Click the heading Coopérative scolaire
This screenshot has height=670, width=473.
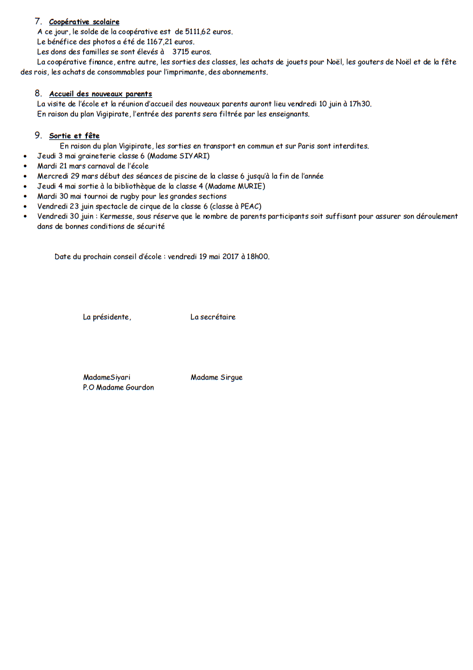tap(84, 22)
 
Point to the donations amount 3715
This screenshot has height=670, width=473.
tap(181, 52)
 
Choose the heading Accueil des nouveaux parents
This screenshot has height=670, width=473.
tap(100, 94)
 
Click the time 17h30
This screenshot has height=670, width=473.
tap(360, 104)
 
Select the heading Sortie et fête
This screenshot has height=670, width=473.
tap(74, 136)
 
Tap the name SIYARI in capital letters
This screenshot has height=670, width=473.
tap(193, 156)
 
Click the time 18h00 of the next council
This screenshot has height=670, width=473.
tap(258, 257)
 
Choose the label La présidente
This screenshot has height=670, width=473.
tap(107, 317)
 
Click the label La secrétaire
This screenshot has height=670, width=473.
tap(213, 317)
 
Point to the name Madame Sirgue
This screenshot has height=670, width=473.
tap(217, 378)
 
